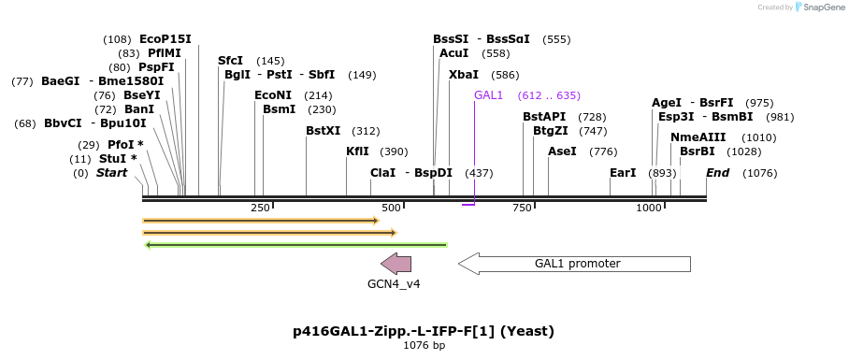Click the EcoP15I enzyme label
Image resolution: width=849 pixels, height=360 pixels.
click(165, 39)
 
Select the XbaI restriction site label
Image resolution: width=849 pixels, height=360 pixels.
click(463, 75)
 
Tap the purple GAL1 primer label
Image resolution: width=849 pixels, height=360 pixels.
click(488, 95)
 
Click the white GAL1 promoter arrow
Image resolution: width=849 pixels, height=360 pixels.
click(574, 264)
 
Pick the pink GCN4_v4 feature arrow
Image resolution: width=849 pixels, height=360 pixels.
click(396, 264)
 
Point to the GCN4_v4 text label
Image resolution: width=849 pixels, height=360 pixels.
click(394, 284)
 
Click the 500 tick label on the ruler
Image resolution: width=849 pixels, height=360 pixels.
click(392, 208)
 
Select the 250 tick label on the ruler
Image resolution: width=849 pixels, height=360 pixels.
click(260, 208)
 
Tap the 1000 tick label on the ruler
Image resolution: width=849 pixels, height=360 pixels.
click(649, 208)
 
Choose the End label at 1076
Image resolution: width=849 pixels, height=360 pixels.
click(717, 173)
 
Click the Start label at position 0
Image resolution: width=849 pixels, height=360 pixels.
click(111, 173)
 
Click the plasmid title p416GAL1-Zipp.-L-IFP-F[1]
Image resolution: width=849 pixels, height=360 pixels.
click(424, 331)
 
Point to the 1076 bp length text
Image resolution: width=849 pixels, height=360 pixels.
click(424, 346)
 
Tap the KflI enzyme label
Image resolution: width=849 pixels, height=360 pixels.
click(357, 151)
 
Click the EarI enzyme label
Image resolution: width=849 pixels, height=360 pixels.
click(623, 173)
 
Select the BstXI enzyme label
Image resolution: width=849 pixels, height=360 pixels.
click(324, 131)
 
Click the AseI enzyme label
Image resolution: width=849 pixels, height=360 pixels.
click(562, 151)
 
